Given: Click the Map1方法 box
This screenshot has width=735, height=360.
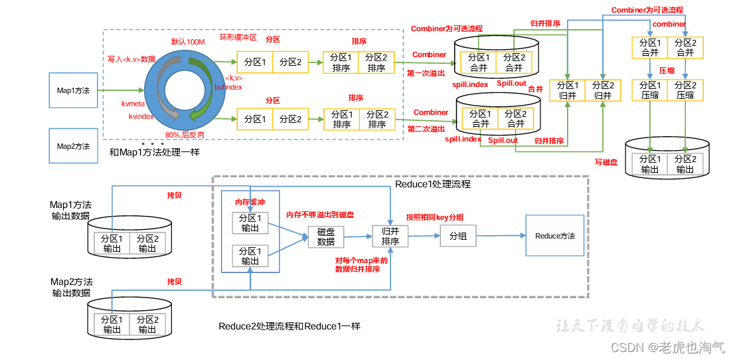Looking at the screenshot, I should coord(73,89).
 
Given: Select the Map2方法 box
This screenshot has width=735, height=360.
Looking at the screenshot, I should coord(73,145).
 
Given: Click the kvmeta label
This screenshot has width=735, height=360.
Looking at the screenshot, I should coord(133,104).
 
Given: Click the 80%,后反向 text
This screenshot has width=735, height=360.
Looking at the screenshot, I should coord(185,134).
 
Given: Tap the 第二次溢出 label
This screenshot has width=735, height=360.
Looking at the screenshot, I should coord(426,129).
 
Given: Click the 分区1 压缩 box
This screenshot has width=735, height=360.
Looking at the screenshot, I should coord(649,90).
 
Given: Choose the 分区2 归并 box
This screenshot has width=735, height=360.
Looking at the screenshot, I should coord(603,90).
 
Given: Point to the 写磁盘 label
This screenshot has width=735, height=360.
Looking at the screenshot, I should coord(607,161).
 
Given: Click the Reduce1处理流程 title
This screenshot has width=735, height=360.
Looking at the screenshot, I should coord(432,183).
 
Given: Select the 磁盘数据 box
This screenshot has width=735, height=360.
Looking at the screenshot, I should coord(326,236).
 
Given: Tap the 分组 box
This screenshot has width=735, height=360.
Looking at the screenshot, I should coord(458,236).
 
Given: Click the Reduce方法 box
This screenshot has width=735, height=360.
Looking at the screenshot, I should coord(555,236).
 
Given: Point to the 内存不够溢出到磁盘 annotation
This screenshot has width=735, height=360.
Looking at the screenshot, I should coord(319,215).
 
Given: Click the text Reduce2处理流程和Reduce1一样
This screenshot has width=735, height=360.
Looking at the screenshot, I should coord(289,327).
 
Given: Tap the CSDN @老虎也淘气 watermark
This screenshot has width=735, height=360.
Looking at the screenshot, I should coord(667,347).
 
